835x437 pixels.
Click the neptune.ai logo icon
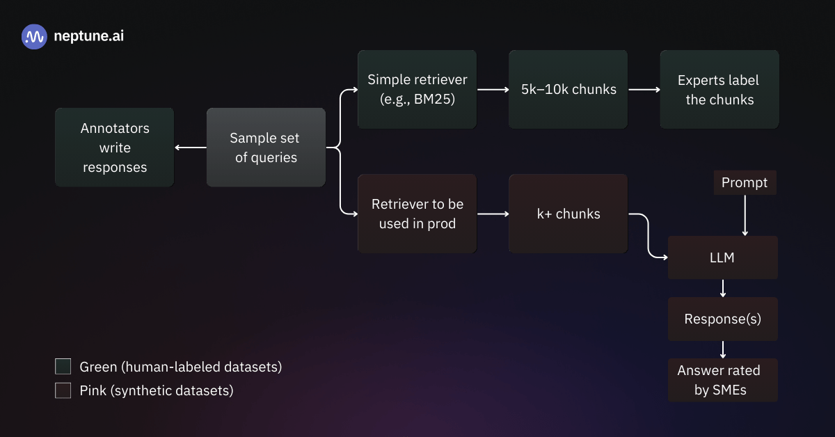pyautogui.click(x=34, y=37)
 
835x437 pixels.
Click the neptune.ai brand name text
pyautogui.click(x=88, y=37)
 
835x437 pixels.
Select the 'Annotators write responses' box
pyautogui.click(x=115, y=148)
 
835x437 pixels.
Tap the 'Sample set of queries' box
pyautogui.click(x=266, y=148)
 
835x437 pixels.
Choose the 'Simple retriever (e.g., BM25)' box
pyautogui.click(x=417, y=89)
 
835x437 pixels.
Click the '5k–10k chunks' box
pyautogui.click(x=568, y=89)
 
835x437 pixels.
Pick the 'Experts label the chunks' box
pyautogui.click(x=719, y=89)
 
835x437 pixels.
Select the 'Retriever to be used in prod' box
pyautogui.click(x=417, y=214)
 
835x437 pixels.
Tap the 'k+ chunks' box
pyautogui.click(x=568, y=214)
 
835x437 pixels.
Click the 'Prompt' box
pyautogui.click(x=745, y=182)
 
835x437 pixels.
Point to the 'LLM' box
pyautogui.click(x=723, y=257)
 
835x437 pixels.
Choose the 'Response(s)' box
pyautogui.click(x=723, y=319)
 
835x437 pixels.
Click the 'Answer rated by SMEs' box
pyautogui.click(x=723, y=380)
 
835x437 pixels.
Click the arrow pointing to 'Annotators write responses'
pyautogui.click(x=190, y=148)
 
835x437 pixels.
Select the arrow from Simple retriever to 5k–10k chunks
pyautogui.click(x=493, y=89)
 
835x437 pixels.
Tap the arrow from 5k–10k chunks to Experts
pyautogui.click(x=644, y=89)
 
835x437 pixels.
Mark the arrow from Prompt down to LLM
pyautogui.click(x=745, y=215)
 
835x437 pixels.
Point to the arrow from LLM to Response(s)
pyautogui.click(x=723, y=288)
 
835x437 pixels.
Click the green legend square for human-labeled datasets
pyautogui.click(x=63, y=367)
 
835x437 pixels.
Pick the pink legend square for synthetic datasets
pyautogui.click(x=63, y=391)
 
